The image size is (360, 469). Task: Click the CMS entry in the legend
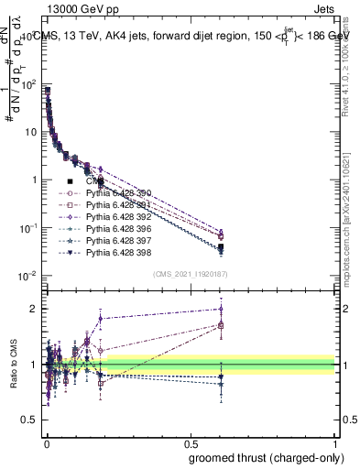click(95, 181)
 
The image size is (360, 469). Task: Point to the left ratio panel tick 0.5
click(32, 420)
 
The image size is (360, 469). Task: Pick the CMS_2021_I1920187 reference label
click(191, 274)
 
